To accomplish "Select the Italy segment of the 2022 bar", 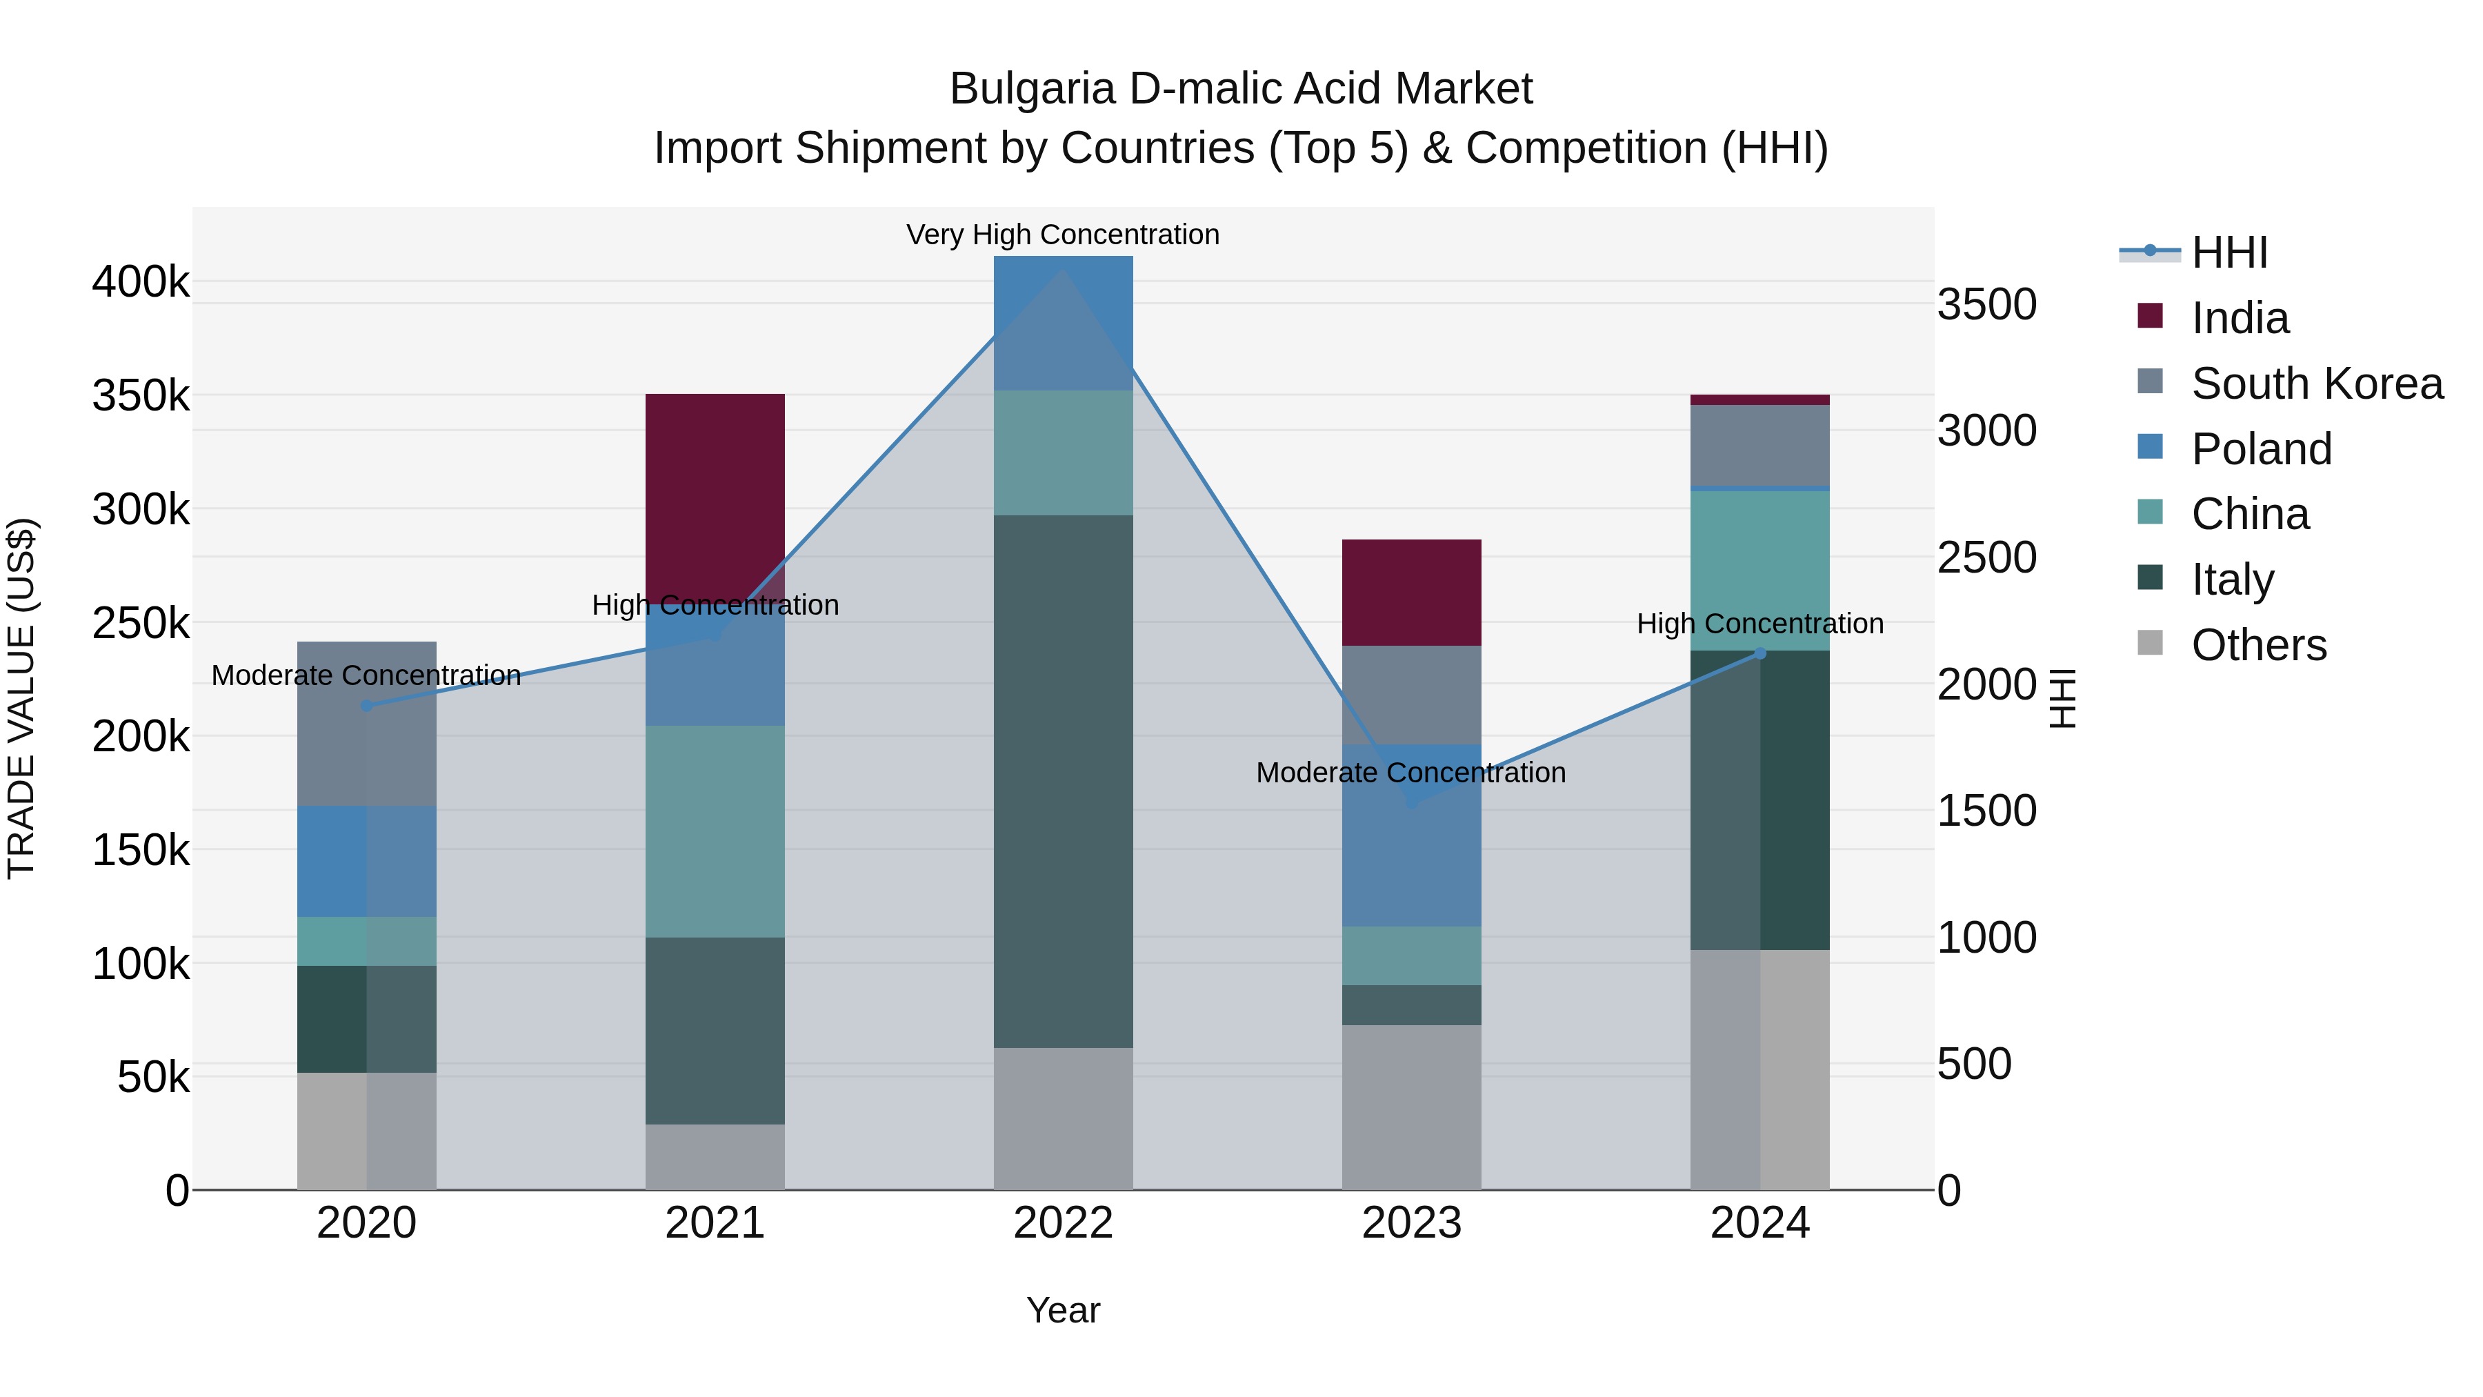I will point(1063,781).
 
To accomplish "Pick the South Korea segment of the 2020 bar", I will point(366,723).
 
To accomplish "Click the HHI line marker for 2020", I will point(366,706).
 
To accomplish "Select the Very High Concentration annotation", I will point(1062,235).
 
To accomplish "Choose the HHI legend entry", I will point(2228,252).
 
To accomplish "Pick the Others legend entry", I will point(2258,645).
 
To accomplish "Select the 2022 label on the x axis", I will point(1063,1223).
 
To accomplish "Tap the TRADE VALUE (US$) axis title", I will point(21,698).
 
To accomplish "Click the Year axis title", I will point(1062,1310).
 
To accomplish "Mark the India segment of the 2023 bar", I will point(1411,592).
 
